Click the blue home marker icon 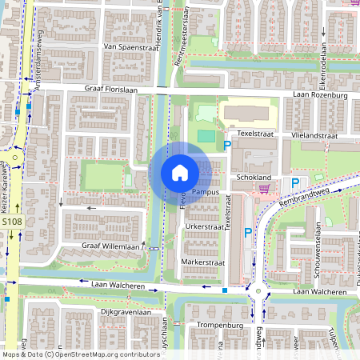(180, 173)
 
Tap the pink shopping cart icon (264, 189)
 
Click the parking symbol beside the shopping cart (295, 183)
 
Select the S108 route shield (11, 222)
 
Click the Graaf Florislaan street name (113, 90)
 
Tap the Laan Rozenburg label (320, 96)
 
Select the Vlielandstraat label (314, 137)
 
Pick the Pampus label (206, 193)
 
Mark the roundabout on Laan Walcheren (258, 292)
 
